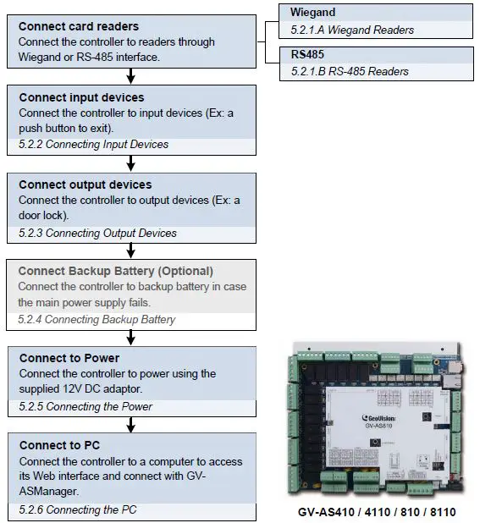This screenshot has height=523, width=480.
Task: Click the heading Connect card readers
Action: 79,26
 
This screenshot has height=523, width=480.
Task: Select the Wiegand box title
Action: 313,14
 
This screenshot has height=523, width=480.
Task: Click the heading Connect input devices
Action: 81,97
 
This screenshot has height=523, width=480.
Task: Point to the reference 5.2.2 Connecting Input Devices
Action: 93,145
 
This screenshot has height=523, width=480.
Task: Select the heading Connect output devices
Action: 85,184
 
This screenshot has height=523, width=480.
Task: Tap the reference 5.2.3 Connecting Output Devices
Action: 97,233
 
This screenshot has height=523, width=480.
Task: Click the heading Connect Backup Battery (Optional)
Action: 115,272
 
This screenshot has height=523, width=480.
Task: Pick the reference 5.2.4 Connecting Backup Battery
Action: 97,320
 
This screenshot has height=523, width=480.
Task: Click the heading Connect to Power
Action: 69,358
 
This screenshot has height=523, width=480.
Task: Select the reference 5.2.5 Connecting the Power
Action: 86,407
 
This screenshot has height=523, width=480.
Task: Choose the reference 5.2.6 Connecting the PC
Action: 77,509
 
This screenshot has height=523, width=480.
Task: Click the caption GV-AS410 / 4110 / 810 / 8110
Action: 377,512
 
